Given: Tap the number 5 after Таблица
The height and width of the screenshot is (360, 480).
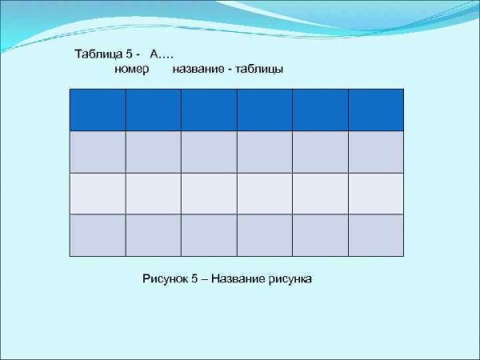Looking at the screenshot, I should pos(130,54).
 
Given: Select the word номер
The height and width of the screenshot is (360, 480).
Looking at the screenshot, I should pos(133,70).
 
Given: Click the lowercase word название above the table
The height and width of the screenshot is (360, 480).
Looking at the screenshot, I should pos(198,70).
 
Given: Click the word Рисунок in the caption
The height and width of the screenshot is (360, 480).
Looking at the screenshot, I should pos(165,279).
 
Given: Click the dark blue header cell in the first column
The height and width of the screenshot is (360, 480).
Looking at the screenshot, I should pos(98,110).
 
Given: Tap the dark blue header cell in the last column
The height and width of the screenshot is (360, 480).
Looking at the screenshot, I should pos(376,110).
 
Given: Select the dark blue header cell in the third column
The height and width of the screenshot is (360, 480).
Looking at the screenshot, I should pos(209,110).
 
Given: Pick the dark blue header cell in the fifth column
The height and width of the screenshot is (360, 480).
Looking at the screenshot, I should pos(320,110).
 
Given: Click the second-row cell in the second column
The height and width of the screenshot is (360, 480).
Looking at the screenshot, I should pos(154,151).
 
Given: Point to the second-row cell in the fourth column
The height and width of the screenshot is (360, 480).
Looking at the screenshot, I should pos(265,151).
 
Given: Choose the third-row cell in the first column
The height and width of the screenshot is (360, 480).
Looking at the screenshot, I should pos(98,194).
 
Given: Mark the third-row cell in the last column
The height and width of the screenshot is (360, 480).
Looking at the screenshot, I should pos(376,194).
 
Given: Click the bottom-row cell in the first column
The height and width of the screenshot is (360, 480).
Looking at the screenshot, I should pos(98,235).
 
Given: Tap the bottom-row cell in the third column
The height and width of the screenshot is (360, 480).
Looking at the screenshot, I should pos(209,235).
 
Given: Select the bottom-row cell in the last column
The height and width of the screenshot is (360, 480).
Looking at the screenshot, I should pos(376,235).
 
